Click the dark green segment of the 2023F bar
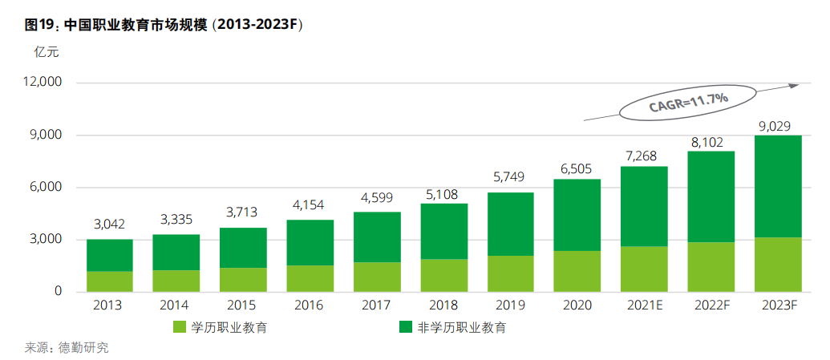(778, 186)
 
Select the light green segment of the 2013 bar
(110, 281)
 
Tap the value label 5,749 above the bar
(510, 176)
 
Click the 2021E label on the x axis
(644, 305)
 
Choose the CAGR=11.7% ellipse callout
(687, 101)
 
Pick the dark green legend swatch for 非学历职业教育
(405, 327)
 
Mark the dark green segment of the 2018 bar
(443, 231)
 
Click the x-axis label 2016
(310, 305)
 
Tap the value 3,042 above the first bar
(109, 224)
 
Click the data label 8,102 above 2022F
(711, 141)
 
